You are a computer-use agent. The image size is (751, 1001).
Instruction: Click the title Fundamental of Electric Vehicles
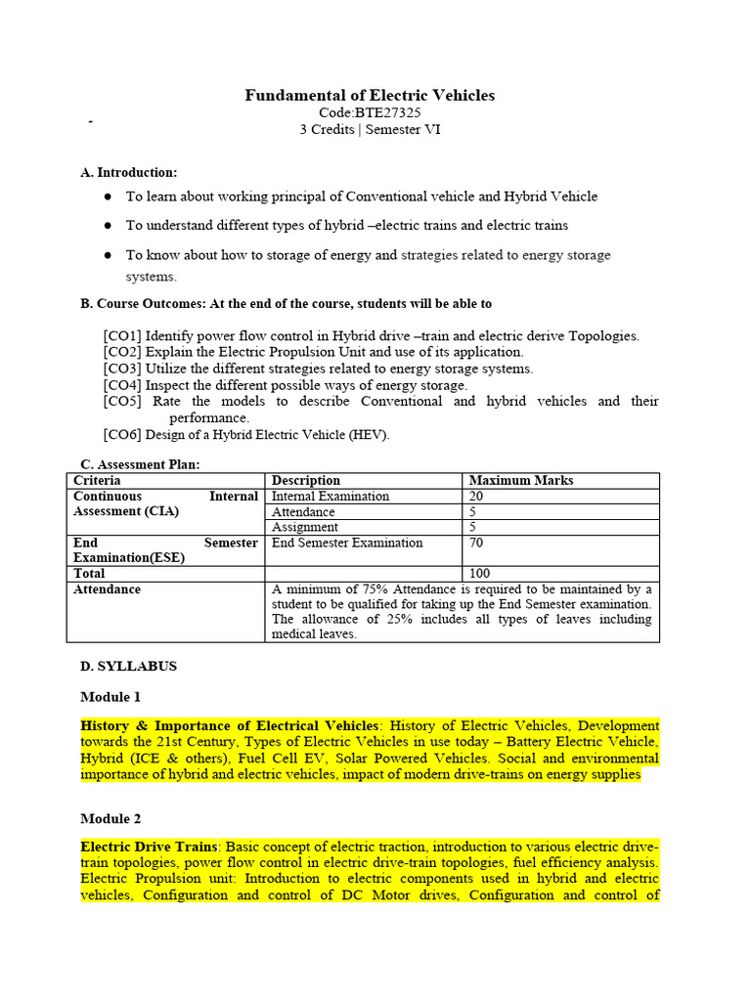370,95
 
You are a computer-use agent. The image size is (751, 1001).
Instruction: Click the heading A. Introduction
128,172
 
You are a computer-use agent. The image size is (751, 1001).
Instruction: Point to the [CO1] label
122,335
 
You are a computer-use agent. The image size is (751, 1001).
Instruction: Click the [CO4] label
122,385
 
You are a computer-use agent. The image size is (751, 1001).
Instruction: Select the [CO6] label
122,435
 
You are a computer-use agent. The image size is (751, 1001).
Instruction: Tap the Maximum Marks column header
521,480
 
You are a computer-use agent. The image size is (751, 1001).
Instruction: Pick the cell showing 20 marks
477,496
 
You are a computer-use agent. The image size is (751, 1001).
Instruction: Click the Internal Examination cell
330,496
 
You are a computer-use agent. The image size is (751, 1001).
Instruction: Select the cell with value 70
477,543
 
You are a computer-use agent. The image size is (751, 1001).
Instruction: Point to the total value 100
480,573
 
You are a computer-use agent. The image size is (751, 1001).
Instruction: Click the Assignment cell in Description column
304,527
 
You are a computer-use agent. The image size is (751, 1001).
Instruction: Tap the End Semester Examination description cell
347,543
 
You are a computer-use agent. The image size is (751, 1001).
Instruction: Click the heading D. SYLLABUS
128,666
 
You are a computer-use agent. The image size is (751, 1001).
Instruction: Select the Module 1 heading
110,697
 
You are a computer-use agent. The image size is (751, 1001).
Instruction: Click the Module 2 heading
110,818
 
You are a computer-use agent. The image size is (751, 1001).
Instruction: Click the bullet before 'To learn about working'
108,196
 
